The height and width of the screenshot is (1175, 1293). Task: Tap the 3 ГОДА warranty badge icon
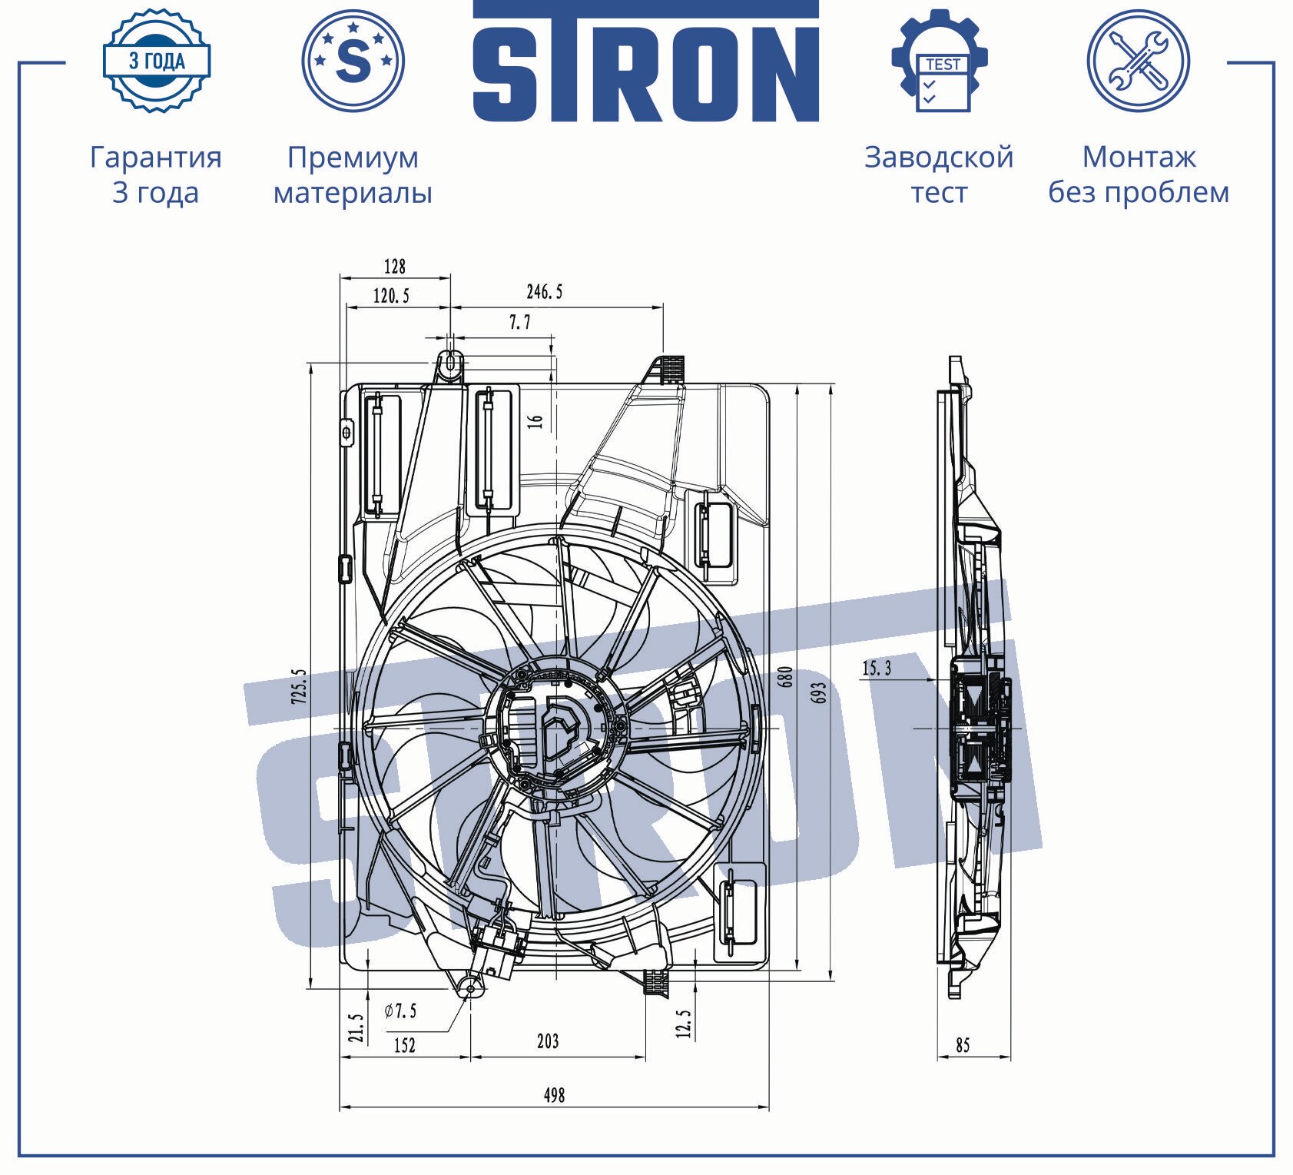[x=157, y=61]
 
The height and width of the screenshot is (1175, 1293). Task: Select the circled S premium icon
[x=353, y=60]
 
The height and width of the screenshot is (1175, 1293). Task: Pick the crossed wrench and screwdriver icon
[x=1138, y=61]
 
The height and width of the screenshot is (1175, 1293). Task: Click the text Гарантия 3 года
[x=156, y=174]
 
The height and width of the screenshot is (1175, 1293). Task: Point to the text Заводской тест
[x=939, y=174]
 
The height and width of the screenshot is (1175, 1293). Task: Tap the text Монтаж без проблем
[x=1139, y=174]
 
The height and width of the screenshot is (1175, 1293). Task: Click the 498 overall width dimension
[x=554, y=1094]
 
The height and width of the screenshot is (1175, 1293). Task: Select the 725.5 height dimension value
[x=299, y=686]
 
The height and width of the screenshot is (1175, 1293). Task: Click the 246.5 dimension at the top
[x=545, y=292]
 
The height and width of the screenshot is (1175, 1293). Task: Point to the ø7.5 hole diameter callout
[x=401, y=1010]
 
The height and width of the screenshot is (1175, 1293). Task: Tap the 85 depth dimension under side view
[x=963, y=1044]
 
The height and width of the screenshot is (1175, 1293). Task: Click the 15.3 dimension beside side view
[x=877, y=668]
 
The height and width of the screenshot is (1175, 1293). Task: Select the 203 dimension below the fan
[x=548, y=1041]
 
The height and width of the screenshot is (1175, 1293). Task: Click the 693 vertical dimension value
[x=819, y=692]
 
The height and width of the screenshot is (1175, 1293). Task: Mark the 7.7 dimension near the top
[x=520, y=324]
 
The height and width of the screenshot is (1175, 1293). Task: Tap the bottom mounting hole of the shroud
[x=470, y=989]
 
